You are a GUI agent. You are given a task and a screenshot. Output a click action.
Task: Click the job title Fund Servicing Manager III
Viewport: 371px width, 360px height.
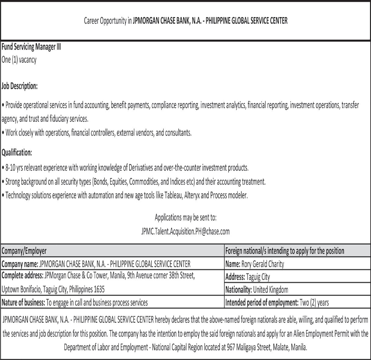[31, 47]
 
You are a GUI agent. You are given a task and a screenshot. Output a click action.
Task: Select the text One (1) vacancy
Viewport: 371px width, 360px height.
[19, 60]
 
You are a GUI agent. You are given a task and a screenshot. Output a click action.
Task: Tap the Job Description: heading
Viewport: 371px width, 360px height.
[20, 86]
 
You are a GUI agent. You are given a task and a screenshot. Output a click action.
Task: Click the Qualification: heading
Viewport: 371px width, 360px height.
[17, 152]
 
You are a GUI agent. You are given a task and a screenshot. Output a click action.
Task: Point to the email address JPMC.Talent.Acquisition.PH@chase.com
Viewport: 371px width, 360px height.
[185, 231]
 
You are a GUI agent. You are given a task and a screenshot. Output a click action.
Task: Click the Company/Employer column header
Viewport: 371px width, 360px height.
[24, 251]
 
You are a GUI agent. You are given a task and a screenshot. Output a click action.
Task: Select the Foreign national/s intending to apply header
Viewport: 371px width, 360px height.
[284, 251]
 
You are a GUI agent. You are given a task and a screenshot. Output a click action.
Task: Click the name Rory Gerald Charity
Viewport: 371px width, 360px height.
[262, 264]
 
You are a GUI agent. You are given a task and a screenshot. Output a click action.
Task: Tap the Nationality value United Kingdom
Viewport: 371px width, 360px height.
[270, 290]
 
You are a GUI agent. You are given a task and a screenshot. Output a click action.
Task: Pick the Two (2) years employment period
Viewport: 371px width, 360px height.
[314, 303]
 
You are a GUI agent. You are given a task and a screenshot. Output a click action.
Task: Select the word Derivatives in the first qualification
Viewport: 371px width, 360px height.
[141, 168]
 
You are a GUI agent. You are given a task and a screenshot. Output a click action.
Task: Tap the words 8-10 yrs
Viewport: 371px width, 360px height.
[14, 168]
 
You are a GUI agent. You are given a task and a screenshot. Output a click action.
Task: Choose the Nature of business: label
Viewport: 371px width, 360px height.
[23, 303]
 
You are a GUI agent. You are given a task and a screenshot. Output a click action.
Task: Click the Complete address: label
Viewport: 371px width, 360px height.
[22, 276]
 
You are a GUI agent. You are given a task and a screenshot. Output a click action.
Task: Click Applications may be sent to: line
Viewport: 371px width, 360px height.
[185, 218]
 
